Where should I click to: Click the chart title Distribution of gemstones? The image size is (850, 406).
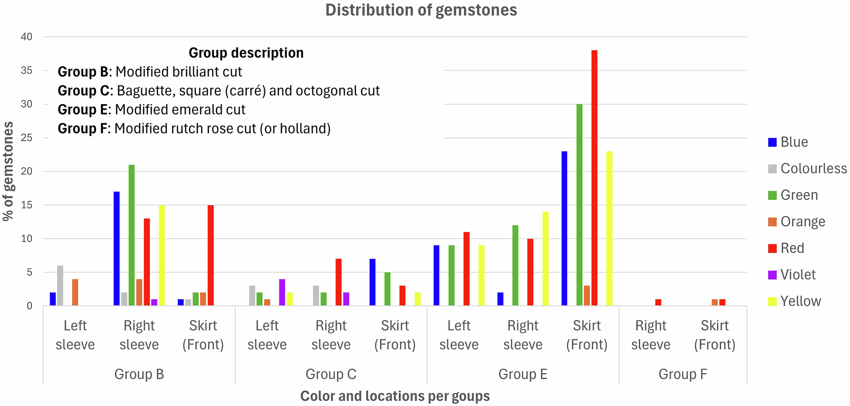point(421,10)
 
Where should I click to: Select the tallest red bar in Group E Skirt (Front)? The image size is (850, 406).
point(594,178)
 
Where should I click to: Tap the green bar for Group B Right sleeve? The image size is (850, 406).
point(132,236)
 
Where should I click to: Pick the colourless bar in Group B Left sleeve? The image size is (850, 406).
point(60,286)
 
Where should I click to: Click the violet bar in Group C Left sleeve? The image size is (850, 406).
point(282,293)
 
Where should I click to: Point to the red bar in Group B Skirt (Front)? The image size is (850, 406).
point(211,256)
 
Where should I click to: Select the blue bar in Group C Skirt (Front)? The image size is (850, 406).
point(372,282)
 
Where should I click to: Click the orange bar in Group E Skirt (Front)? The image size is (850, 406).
point(586,296)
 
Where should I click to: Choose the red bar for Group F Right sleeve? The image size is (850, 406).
point(658,302)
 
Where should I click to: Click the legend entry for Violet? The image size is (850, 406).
point(798,275)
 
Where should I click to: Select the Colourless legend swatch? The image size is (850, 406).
point(772,169)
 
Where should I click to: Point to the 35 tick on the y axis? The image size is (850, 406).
point(27,70)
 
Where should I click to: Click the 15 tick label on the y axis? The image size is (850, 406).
point(27,205)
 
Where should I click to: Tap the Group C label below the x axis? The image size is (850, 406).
point(331,374)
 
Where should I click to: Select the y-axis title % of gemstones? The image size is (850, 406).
point(8,171)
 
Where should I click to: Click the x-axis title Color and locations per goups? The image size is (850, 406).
point(395,396)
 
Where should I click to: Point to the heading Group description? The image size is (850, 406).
point(246,53)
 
